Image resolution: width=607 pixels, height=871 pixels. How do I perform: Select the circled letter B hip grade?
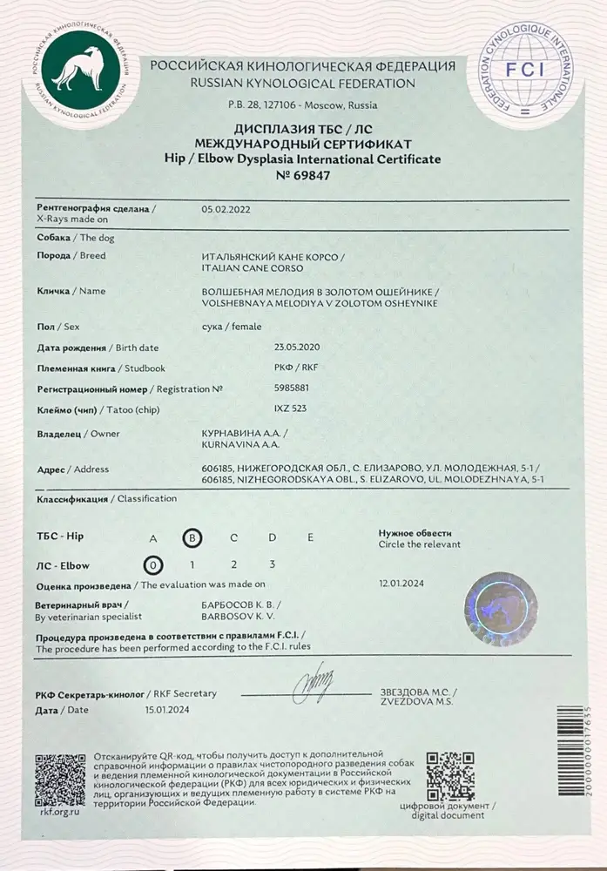(192, 537)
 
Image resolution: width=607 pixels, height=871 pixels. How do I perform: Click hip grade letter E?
(310, 537)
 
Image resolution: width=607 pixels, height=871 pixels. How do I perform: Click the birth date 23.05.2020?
(297, 348)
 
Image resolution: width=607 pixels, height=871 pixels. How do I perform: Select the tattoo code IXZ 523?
(290, 407)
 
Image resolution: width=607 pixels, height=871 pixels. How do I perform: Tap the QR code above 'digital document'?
(450, 775)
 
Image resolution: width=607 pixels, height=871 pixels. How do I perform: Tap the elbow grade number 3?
(273, 564)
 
